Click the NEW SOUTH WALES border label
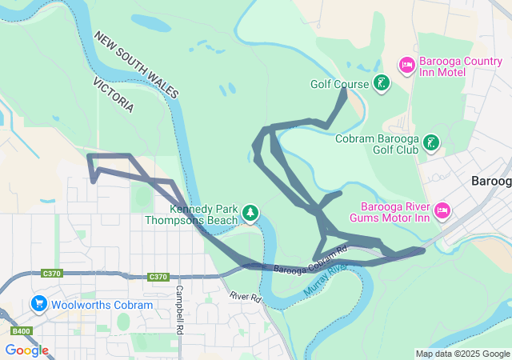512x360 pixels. [136, 65]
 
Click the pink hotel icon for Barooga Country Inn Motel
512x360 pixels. [406, 64]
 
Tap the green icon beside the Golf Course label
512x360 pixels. [382, 83]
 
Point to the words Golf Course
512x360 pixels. [339, 84]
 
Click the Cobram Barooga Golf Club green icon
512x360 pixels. [431, 142]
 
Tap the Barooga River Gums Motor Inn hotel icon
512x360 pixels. [442, 210]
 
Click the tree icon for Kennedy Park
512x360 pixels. [251, 212]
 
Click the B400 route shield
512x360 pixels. [21, 331]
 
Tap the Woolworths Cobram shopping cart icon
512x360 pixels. [38, 304]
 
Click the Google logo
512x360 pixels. [27, 350]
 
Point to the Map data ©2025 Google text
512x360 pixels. [462, 354]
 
